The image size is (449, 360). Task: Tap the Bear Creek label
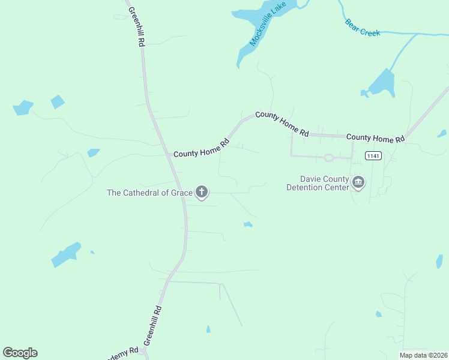(363, 28)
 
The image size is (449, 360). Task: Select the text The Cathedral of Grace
(149, 193)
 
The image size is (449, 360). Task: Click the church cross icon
(202, 193)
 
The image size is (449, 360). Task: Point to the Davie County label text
(324, 179)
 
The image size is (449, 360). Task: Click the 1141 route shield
(373, 156)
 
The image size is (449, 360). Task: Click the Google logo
(20, 353)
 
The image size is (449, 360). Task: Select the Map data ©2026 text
(423, 355)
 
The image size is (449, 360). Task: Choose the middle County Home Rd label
(282, 124)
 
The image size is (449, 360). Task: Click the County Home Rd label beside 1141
(375, 138)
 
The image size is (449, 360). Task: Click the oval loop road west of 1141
(328, 158)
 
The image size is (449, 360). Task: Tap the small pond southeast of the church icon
(248, 224)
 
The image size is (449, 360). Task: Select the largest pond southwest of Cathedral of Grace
(65, 254)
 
